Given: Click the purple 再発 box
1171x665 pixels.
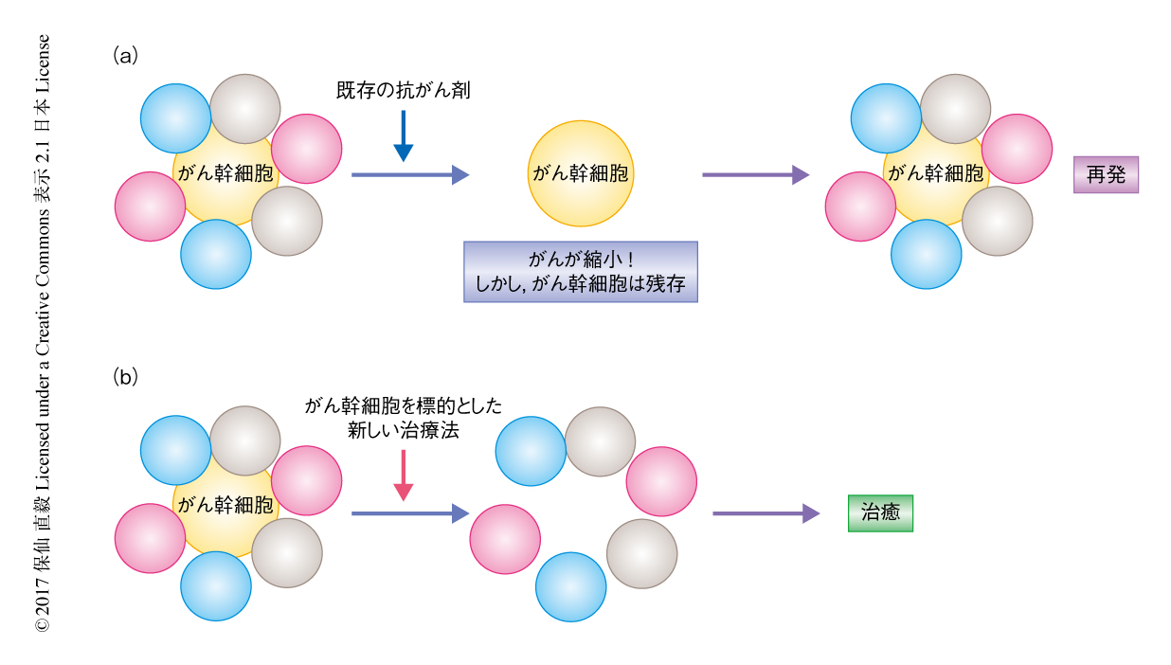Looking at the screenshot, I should pos(1106,175).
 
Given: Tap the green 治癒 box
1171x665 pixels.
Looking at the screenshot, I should pos(880,513).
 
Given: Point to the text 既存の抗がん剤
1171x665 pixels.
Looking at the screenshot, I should pos(404,91).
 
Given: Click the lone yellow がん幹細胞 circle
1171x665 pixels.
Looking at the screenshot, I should pos(580,173).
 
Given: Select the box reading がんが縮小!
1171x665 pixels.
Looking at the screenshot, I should pos(580,271).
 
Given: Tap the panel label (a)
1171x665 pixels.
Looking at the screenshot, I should pos(125,55).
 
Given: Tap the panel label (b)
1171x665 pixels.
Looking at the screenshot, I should pos(125,377).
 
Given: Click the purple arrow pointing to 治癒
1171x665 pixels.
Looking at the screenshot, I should pos(766,513).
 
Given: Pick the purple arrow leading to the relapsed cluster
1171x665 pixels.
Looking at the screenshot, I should pos(755,174).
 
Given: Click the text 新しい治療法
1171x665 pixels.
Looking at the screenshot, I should pos(404,428).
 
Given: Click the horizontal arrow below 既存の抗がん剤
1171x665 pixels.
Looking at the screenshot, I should pos(409,174).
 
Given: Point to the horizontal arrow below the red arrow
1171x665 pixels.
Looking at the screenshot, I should pos(409,513).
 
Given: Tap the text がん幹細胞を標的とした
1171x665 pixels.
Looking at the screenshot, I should pos(404,405).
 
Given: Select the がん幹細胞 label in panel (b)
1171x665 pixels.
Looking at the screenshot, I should pos(225,504).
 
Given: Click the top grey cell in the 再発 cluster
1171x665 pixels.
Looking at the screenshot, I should pos(955,109).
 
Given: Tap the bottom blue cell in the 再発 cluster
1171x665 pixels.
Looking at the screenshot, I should pos(926,254).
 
